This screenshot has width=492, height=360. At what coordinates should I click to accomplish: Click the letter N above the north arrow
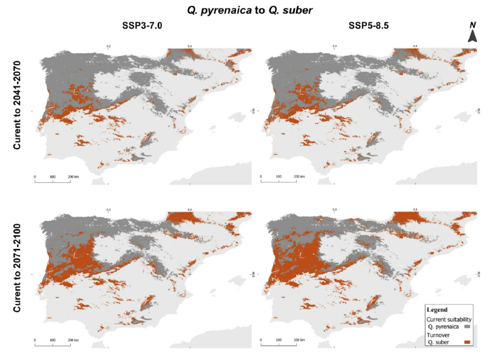[x=473, y=25]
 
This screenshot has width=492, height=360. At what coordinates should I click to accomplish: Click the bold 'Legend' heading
[x=437, y=309]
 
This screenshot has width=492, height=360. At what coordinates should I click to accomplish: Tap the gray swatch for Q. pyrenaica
[x=467, y=326]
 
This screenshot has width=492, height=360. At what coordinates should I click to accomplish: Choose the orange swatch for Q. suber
[x=467, y=342]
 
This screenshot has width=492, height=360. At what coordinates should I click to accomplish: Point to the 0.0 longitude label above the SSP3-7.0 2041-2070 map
[x=190, y=45]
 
